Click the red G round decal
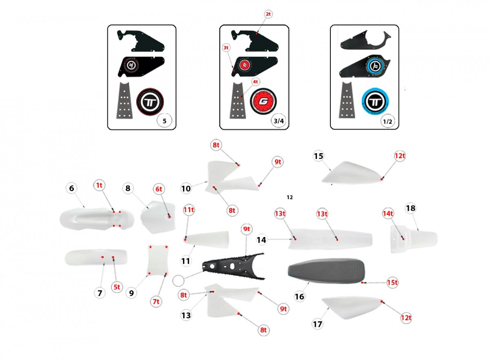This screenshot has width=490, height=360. [x=263, y=102]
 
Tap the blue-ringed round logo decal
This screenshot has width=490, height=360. [x=375, y=102]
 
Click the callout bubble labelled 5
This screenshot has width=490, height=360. [x=165, y=121]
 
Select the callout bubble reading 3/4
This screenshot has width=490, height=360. [x=278, y=121]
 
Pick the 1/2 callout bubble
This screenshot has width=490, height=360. [x=388, y=121]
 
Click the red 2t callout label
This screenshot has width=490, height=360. [x=268, y=14]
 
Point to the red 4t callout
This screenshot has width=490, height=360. [x=255, y=82]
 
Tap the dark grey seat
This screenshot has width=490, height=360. [x=326, y=271]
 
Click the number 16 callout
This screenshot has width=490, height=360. [x=299, y=297]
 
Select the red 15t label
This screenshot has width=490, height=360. [x=392, y=282]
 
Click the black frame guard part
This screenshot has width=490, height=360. [x=234, y=266]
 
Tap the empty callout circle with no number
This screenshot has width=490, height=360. [x=178, y=281]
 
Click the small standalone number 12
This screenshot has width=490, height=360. [x=290, y=197]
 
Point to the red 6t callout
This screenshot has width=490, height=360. [x=159, y=189]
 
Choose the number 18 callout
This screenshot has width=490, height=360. [x=410, y=208]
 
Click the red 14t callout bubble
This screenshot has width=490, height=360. [x=388, y=213]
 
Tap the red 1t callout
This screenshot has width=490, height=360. [x=99, y=186]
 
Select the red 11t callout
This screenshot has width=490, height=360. [x=189, y=210]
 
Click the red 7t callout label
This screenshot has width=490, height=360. [x=156, y=302]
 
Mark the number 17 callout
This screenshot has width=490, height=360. [x=317, y=324]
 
